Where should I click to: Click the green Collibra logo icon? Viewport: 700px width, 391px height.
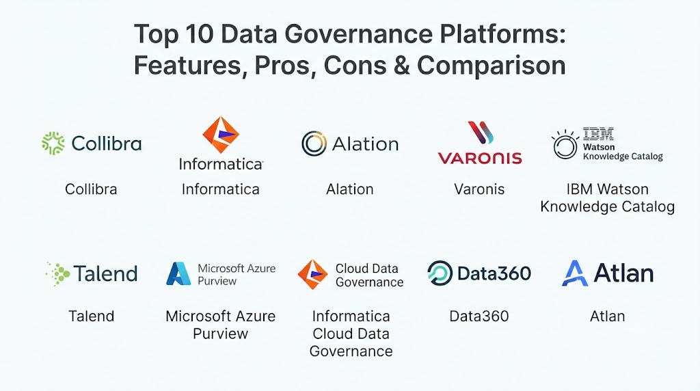point(53,144)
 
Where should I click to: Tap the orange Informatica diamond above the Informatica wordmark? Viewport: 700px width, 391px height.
point(221,135)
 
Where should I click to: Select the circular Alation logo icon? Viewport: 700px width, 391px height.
point(314,144)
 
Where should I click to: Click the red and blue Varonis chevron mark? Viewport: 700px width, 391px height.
point(481,133)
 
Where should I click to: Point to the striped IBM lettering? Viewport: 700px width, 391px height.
point(598,133)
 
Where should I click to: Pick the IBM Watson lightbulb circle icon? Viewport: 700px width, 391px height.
point(565,144)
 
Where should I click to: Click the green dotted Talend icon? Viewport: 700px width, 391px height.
point(58,273)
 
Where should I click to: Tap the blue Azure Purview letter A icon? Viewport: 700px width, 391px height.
point(178,273)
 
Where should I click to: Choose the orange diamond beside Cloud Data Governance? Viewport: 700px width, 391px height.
point(312,275)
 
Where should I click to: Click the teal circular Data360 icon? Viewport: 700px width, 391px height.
point(440,273)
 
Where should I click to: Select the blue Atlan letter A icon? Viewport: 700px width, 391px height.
point(574,273)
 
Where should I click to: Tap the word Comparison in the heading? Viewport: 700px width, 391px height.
point(492,66)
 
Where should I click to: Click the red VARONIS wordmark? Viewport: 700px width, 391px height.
point(480,157)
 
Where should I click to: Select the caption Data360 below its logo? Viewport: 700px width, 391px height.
point(479,316)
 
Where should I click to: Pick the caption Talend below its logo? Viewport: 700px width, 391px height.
point(92,316)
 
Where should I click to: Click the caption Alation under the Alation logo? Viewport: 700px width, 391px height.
point(349,189)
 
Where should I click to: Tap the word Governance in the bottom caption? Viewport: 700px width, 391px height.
point(351,351)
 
